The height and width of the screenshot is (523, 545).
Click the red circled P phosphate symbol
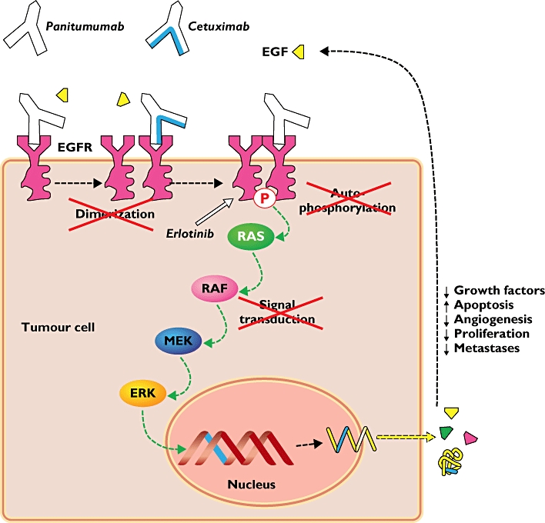pos(264,199)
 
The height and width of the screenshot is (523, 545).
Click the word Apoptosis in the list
pos(482,305)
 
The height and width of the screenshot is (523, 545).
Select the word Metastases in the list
pos(486,348)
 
